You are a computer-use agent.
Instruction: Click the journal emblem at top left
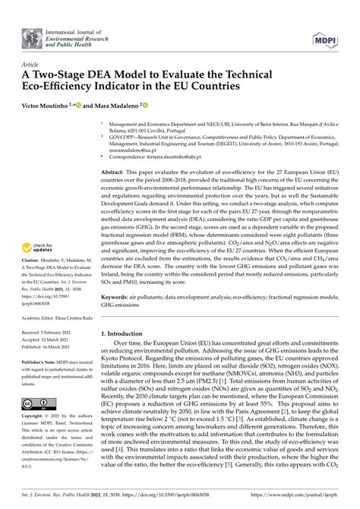(33, 36)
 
